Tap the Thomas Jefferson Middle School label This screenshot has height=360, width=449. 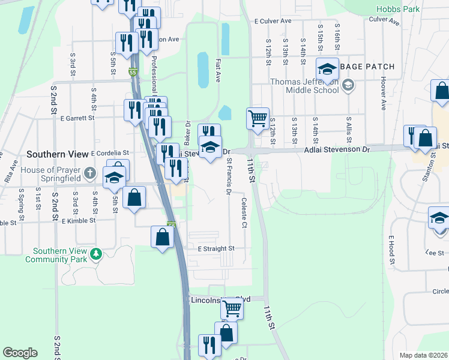point(304,86)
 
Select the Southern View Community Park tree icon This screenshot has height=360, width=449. point(95,255)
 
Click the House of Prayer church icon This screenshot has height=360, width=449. point(89,174)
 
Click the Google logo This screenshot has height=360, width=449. point(20,352)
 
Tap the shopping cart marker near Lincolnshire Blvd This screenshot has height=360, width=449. point(232,308)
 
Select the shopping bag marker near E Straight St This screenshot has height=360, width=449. point(163,238)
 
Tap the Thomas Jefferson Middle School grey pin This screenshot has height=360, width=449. point(348,86)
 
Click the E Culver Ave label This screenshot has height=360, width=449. point(273,20)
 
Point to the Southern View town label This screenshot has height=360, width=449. point(57,154)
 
